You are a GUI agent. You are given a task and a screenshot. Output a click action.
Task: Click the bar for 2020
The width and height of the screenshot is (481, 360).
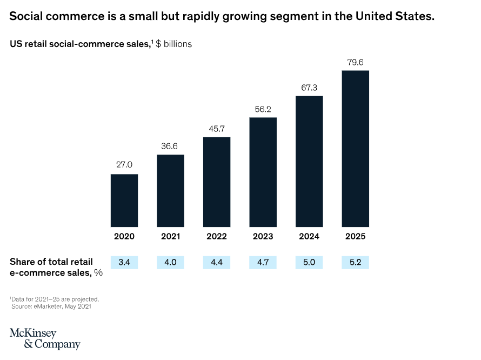124,201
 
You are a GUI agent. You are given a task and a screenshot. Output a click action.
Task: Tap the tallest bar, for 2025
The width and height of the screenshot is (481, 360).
355,149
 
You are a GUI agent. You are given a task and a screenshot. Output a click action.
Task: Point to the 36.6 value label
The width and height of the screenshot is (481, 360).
170,146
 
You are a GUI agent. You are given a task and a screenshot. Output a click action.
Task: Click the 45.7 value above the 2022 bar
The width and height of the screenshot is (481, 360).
217,128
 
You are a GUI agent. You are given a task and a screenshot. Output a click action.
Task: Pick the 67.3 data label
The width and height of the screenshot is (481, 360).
309,87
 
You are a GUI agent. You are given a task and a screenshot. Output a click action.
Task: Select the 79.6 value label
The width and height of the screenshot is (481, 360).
355,62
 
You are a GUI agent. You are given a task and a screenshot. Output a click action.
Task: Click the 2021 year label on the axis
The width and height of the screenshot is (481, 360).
170,236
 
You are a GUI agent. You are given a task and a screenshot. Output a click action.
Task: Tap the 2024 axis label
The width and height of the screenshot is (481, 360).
309,236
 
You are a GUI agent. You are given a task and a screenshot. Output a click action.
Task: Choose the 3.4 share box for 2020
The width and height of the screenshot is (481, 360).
124,263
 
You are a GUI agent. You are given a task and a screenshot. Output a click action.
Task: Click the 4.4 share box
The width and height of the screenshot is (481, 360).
217,263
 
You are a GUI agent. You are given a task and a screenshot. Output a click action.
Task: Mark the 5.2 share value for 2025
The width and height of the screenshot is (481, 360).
355,263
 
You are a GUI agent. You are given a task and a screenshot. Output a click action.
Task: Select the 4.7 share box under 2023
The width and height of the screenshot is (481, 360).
263,263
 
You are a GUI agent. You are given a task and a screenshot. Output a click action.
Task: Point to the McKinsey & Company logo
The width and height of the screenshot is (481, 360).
44,339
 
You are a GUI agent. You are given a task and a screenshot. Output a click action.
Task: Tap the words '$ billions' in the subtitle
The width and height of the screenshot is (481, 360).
174,44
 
